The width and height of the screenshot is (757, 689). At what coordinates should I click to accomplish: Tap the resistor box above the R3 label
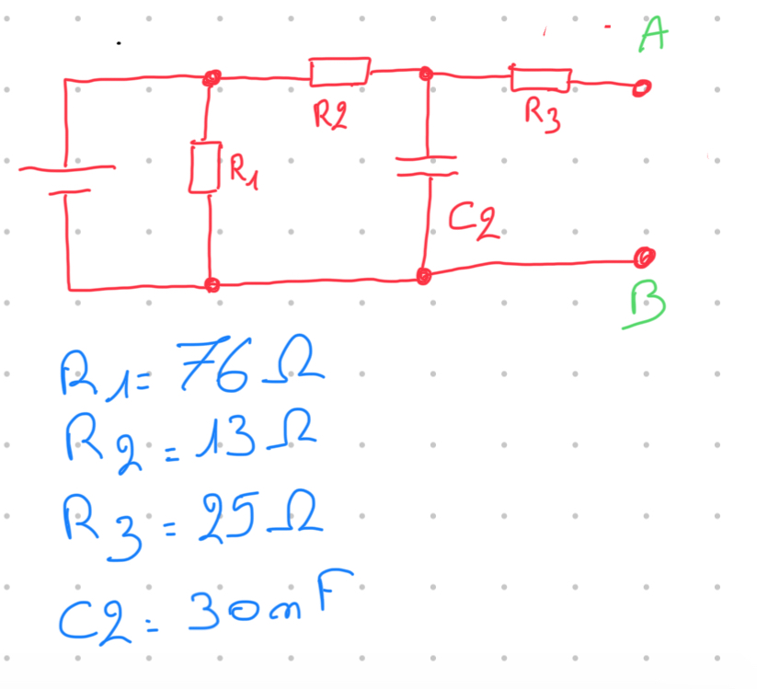click(x=541, y=79)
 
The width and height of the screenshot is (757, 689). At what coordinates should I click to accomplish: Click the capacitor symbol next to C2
click(x=427, y=166)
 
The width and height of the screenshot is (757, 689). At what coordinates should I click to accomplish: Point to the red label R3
click(x=542, y=115)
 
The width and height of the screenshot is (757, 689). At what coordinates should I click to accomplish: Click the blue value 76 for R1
click(x=208, y=366)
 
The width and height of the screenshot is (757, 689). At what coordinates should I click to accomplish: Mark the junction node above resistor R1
click(x=212, y=80)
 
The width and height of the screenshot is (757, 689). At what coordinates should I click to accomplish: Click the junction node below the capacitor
click(x=424, y=275)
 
